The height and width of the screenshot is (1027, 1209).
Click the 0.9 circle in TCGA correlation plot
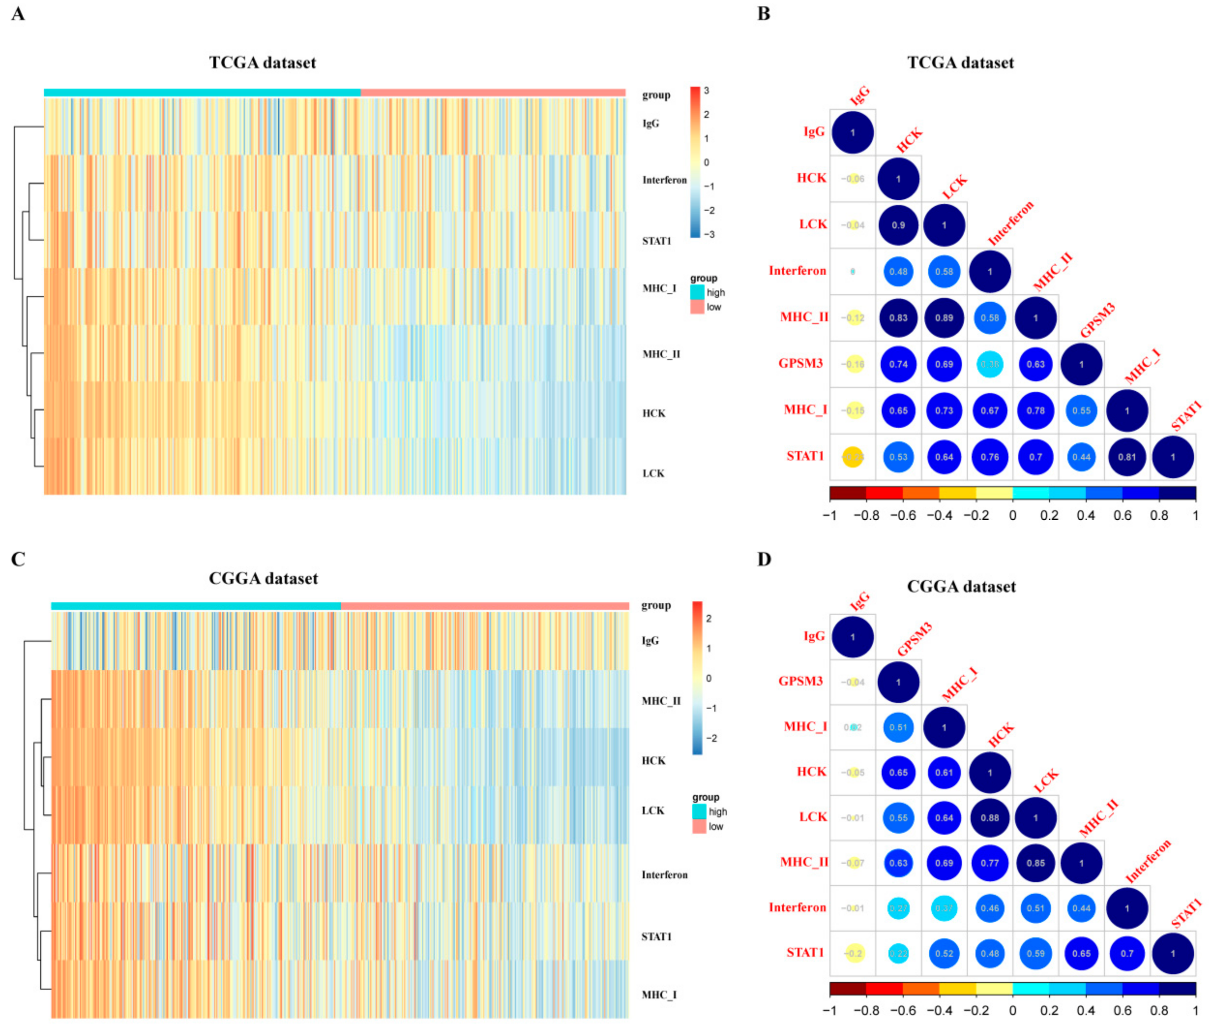click(x=898, y=225)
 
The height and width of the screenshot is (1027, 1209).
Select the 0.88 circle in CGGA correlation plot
click(x=989, y=818)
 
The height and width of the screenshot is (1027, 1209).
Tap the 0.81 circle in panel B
click(x=1127, y=457)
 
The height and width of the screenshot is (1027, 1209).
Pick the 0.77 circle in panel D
click(x=989, y=863)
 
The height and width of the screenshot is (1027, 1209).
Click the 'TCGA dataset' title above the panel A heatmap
click(x=263, y=63)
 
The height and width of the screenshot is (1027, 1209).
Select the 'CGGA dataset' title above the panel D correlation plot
click(x=961, y=586)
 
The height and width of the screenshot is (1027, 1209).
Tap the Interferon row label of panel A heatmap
click(x=664, y=180)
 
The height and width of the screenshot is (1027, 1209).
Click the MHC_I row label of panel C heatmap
click(x=659, y=995)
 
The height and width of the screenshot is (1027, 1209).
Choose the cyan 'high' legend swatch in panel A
click(x=697, y=292)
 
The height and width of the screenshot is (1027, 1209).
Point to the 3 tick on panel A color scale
click(x=707, y=91)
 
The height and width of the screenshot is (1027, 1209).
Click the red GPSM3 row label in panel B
click(x=801, y=364)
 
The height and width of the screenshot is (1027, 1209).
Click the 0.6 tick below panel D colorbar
click(x=1123, y=1010)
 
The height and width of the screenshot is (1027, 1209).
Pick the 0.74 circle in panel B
click(x=898, y=364)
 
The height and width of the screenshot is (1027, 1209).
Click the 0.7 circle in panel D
click(x=1127, y=954)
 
